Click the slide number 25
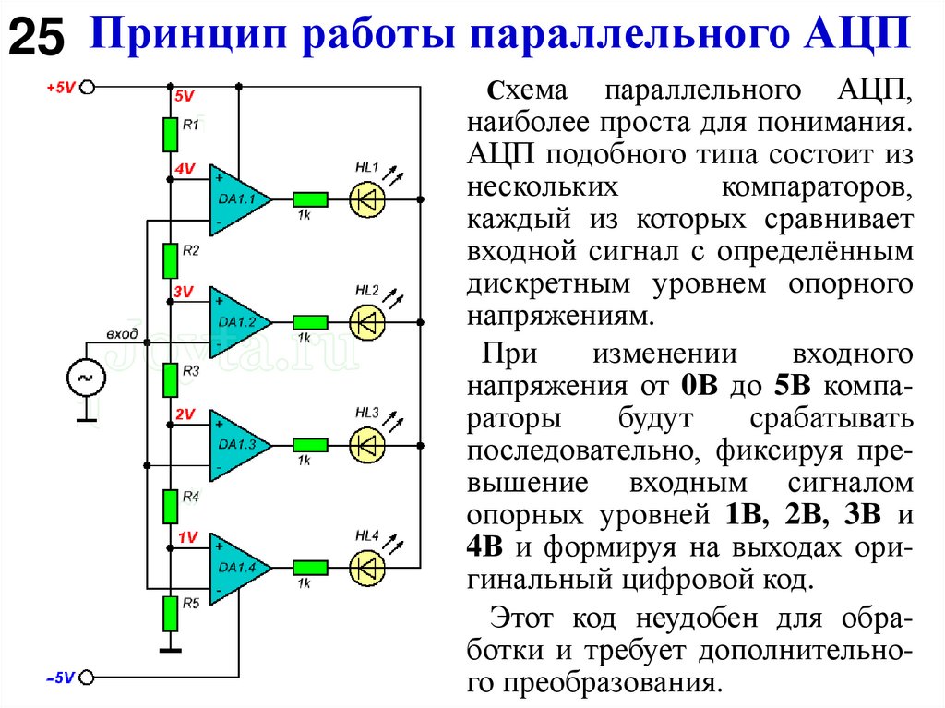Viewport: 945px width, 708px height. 36,39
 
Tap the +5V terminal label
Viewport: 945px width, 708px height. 59,88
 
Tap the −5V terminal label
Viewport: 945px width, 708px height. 59,678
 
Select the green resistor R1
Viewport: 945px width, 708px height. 170,133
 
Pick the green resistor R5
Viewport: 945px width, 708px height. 170,611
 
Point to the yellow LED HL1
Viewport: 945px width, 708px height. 366,198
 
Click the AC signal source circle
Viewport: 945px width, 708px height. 86,378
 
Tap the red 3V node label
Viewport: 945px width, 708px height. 184,292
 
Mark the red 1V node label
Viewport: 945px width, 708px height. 187,537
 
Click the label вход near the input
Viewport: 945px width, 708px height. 122,333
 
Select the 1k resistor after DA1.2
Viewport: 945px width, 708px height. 310,322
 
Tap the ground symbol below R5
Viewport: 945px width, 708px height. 170,648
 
